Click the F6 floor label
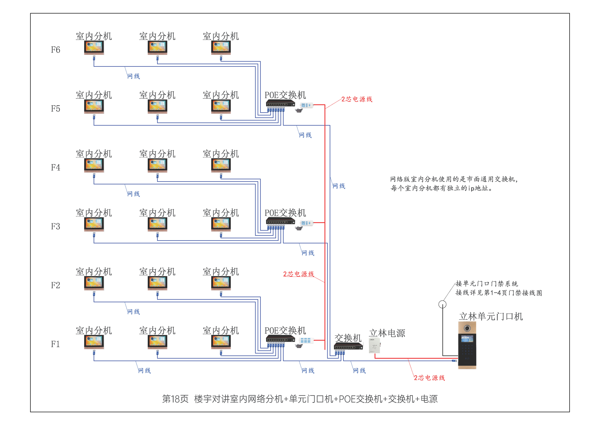(55, 50)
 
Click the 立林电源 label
(387, 333)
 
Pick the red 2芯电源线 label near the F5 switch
(357, 99)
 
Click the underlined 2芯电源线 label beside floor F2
(298, 274)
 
